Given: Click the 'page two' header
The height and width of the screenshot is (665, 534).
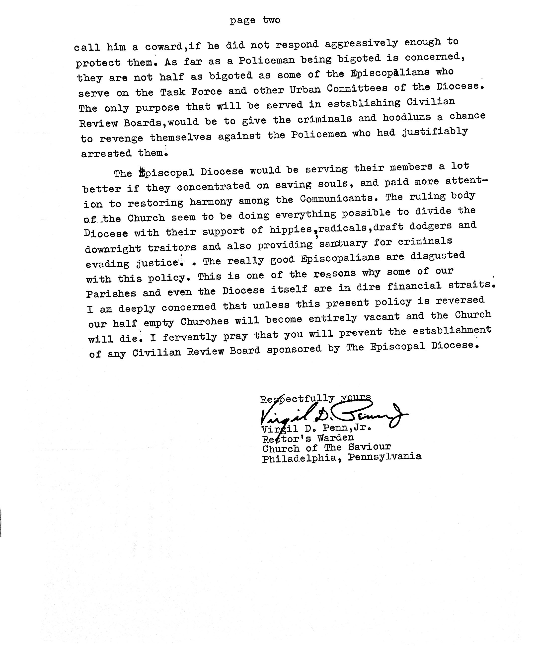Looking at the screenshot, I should [255, 20].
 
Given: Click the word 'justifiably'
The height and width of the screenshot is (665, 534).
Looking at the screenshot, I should [435, 132].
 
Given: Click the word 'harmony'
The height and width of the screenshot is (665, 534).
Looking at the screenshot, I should [211, 202].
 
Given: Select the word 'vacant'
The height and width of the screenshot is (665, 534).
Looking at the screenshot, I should [381, 317].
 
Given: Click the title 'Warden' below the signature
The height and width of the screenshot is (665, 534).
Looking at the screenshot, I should [336, 438].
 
